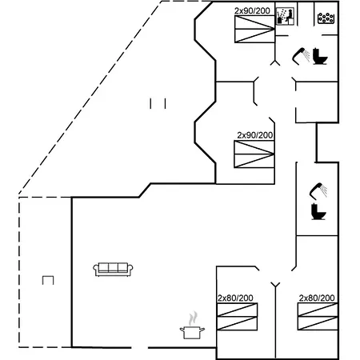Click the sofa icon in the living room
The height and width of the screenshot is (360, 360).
pos(113,270)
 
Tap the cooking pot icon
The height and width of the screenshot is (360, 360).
pos(192,332)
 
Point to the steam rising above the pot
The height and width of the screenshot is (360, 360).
pos(193,318)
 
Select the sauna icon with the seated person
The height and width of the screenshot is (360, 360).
pos(285,17)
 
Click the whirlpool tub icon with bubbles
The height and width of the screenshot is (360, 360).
pos(326,18)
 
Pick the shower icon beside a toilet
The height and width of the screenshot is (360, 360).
pos(302,55)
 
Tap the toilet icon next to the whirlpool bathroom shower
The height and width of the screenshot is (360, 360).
pos(320,56)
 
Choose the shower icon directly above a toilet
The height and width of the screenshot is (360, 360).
pos(318,190)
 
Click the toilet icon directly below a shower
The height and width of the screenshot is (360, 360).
pos(318,212)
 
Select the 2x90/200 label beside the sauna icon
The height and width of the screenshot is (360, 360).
pos(252,11)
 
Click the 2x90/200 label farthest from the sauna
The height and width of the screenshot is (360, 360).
pos(255,135)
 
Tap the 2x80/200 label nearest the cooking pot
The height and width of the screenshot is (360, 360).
pos(235,298)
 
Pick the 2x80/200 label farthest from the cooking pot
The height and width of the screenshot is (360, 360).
pos(317,298)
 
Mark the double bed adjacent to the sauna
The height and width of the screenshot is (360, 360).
pos(254,29)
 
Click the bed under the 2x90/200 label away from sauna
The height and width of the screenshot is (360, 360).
pos(254,154)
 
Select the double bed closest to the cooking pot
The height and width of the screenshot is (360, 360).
pos(237,317)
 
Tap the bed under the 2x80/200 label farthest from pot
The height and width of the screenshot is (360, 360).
pos(318,317)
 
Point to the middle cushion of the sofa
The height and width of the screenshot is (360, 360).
pos(113,267)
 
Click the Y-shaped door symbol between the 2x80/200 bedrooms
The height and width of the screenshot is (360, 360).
pos(275,285)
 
